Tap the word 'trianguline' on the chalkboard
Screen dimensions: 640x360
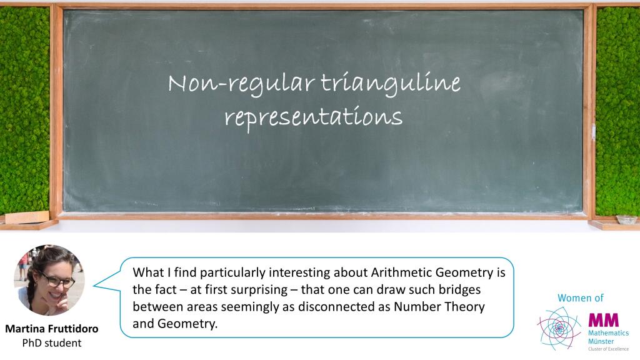point(391,83)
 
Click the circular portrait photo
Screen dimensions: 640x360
point(49,280)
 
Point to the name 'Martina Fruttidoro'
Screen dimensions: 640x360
point(52,329)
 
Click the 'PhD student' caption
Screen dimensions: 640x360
point(52,343)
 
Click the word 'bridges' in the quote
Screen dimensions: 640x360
point(459,289)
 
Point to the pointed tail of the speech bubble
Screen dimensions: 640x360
point(94,285)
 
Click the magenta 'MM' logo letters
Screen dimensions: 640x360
point(604,320)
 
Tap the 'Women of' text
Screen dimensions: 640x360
point(581,298)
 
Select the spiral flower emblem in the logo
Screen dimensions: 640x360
point(559,328)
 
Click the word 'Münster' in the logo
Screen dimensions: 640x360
point(601,341)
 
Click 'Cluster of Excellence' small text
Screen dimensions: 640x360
point(608,349)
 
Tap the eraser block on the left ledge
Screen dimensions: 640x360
point(27,217)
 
